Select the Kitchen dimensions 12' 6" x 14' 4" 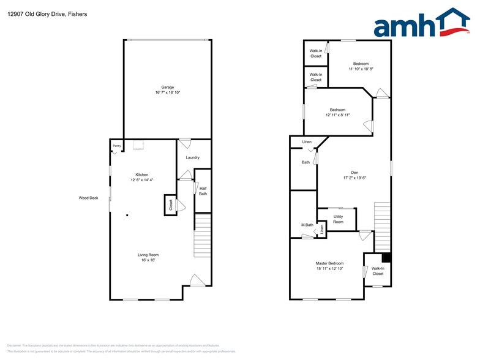[x=142, y=180]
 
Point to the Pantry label [x=116, y=146]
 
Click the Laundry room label [x=192, y=158]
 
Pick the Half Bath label [x=203, y=191]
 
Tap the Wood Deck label [x=88, y=198]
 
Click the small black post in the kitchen [x=127, y=215]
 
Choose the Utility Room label [x=338, y=219]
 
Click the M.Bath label [x=307, y=225]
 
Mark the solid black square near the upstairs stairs [x=386, y=257]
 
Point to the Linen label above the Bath [x=307, y=142]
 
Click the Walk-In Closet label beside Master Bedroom [x=378, y=271]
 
